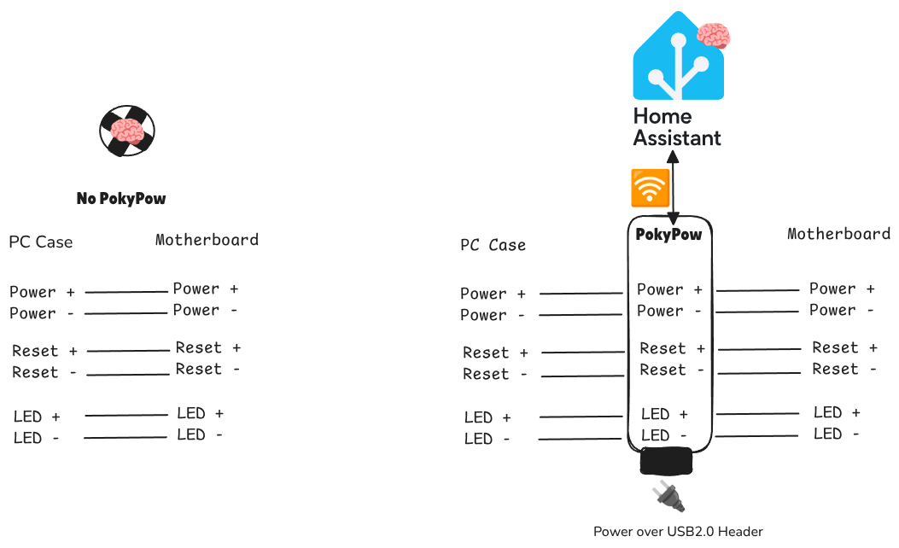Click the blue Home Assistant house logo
pyautogui.click(x=675, y=61)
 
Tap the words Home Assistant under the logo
pyautogui.click(x=676, y=127)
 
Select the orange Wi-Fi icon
pyautogui.click(x=650, y=188)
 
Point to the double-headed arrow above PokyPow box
pyautogui.click(x=674, y=188)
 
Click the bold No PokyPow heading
pyautogui.click(x=121, y=199)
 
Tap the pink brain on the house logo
pyautogui.click(x=714, y=36)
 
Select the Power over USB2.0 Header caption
pyautogui.click(x=678, y=532)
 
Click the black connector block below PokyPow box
pyautogui.click(x=666, y=462)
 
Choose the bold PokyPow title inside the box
pyautogui.click(x=668, y=234)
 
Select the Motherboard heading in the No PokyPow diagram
pyautogui.click(x=207, y=240)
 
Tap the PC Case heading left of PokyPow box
pyautogui.click(x=493, y=246)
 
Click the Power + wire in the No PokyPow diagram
pyautogui.click(x=126, y=292)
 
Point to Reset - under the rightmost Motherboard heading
pyautogui.click(x=844, y=369)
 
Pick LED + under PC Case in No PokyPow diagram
pyautogui.click(x=37, y=417)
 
